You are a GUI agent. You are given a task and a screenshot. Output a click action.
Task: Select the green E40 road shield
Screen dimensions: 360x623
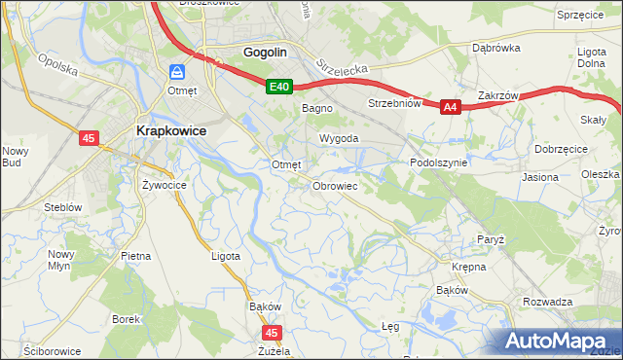[x=279, y=88]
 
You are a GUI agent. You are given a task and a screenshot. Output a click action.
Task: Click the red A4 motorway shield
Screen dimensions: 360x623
[x=449, y=108]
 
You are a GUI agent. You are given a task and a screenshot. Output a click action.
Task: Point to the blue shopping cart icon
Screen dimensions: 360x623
[x=176, y=72]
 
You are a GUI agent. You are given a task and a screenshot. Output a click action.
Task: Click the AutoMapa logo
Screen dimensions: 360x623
[x=562, y=341]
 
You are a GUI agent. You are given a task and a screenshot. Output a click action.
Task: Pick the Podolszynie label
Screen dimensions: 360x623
[x=439, y=163]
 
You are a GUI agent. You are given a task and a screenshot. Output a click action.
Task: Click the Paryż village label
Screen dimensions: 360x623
[x=490, y=239]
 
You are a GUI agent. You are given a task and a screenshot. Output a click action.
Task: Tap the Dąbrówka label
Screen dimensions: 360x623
[x=493, y=47]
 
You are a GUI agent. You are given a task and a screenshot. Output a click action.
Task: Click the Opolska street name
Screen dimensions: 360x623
[x=57, y=70]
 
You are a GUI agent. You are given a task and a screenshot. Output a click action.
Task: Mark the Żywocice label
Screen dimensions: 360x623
[x=164, y=183]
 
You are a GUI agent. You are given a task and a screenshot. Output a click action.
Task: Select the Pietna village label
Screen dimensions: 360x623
[x=135, y=256]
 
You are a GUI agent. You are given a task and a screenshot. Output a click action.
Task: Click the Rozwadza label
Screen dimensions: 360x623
[x=547, y=302]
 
